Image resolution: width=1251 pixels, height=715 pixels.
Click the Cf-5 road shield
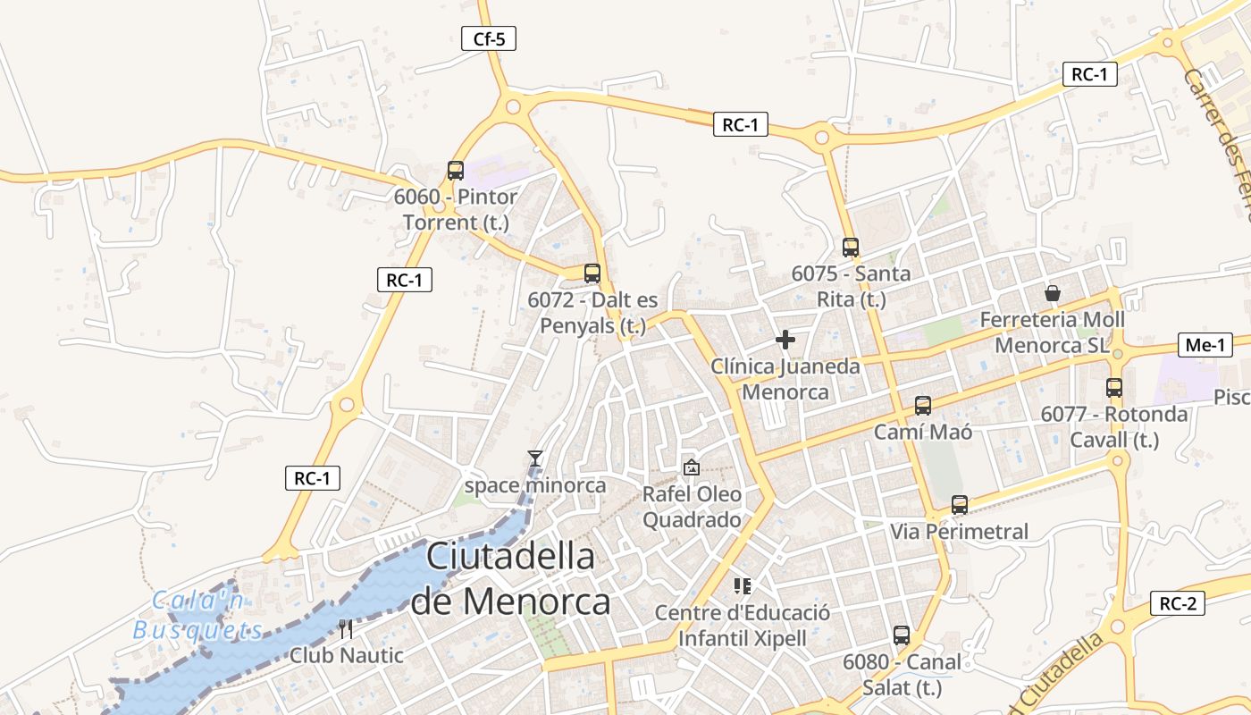489,38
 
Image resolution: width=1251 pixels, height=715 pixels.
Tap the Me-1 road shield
1205,345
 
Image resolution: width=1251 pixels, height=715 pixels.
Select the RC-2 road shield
1177,603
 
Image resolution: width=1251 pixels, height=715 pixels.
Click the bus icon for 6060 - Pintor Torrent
456,170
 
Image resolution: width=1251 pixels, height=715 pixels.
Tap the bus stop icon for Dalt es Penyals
592,273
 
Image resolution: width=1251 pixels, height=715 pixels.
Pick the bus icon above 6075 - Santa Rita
851,248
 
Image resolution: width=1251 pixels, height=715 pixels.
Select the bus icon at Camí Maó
923,406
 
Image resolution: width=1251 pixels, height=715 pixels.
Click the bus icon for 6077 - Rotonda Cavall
1114,388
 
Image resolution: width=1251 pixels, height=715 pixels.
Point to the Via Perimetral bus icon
960,505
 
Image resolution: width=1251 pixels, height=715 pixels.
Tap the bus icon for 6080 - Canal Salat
902,635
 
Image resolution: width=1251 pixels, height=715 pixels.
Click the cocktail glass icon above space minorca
535,458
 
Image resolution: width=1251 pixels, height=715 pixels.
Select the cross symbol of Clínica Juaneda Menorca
785,340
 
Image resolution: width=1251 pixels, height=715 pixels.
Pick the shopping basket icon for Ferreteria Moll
1053,293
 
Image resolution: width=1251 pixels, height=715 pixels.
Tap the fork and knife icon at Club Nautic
347,629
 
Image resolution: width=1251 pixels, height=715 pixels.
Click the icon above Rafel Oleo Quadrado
692,467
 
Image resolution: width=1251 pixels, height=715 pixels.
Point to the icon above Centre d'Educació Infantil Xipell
742,586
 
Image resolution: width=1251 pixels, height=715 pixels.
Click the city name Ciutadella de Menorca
510,578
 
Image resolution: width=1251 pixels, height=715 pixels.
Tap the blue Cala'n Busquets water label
198,616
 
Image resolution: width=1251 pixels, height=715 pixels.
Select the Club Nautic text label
347,655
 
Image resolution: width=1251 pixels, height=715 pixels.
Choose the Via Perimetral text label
960,532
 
